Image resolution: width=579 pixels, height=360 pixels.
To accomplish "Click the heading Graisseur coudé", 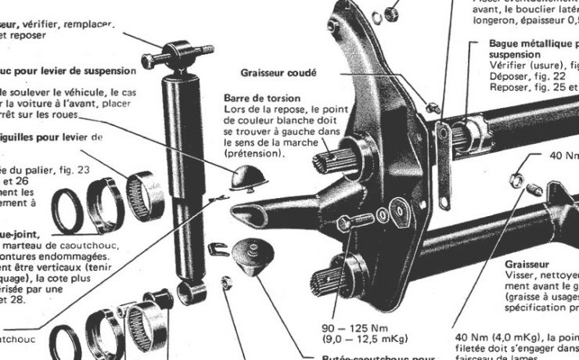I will click(279, 74).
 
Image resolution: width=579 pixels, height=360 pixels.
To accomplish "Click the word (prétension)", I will click(255, 154).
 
